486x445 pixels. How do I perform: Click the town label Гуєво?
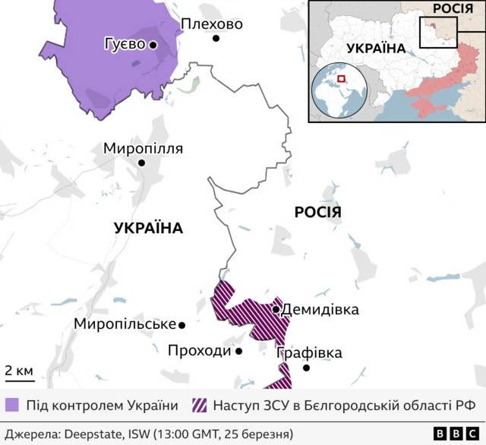pyautogui.click(x=125, y=45)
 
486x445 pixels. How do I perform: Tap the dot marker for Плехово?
pyautogui.click(x=216, y=38)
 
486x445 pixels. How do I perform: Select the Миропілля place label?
pyautogui.click(x=143, y=148)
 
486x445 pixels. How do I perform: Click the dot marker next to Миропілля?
pyautogui.click(x=141, y=163)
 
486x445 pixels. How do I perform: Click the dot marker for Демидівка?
pyautogui.click(x=276, y=310)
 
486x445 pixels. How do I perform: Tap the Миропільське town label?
pyautogui.click(x=125, y=324)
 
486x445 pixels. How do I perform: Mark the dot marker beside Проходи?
pyautogui.click(x=238, y=352)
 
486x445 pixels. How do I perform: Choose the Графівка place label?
pyautogui.click(x=309, y=353)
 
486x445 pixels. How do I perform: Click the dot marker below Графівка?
pyautogui.click(x=307, y=368)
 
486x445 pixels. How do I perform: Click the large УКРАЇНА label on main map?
pyautogui.click(x=149, y=228)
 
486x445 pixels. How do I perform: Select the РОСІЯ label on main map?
pyautogui.click(x=317, y=213)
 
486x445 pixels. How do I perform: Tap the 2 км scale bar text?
pyautogui.click(x=18, y=371)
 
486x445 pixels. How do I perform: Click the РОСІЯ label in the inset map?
pyautogui.click(x=454, y=9)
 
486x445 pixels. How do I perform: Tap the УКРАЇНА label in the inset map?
pyautogui.click(x=375, y=48)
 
